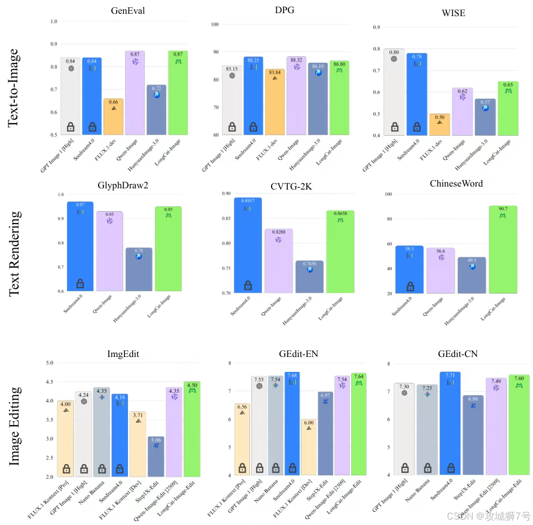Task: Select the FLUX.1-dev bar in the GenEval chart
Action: point(113,117)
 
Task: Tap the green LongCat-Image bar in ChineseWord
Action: point(502,251)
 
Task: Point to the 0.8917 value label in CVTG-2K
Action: point(246,201)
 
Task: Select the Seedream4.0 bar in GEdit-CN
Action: point(450,425)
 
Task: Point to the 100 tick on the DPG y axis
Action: point(215,25)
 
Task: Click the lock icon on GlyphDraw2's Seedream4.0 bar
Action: point(80,283)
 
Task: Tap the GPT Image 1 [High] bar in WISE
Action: point(394,93)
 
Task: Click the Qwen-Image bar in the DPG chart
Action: point(296,96)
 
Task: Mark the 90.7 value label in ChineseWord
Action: point(502,209)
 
